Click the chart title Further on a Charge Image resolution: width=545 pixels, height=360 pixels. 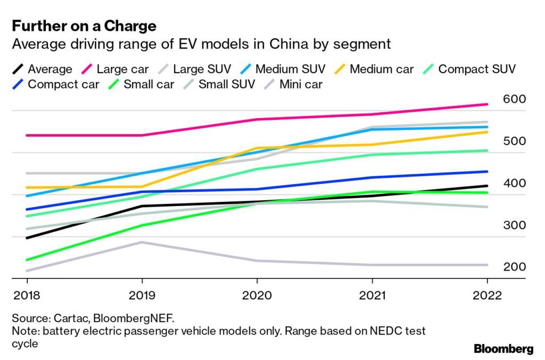click(x=84, y=25)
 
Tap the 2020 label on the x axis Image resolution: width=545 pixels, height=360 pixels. click(x=257, y=296)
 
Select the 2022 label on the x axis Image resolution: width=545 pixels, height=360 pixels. click(x=487, y=296)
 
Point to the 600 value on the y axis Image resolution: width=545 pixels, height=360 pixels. click(x=514, y=99)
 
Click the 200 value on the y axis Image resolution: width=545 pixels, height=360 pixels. click(x=514, y=267)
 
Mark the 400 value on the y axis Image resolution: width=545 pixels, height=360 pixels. click(x=514, y=183)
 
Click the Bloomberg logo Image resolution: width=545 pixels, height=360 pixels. click(x=503, y=349)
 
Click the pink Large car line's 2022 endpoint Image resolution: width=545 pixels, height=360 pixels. click(x=487, y=104)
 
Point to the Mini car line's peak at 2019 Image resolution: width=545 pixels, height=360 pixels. click(x=142, y=242)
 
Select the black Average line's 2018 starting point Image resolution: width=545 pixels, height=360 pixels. click(x=27, y=238)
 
